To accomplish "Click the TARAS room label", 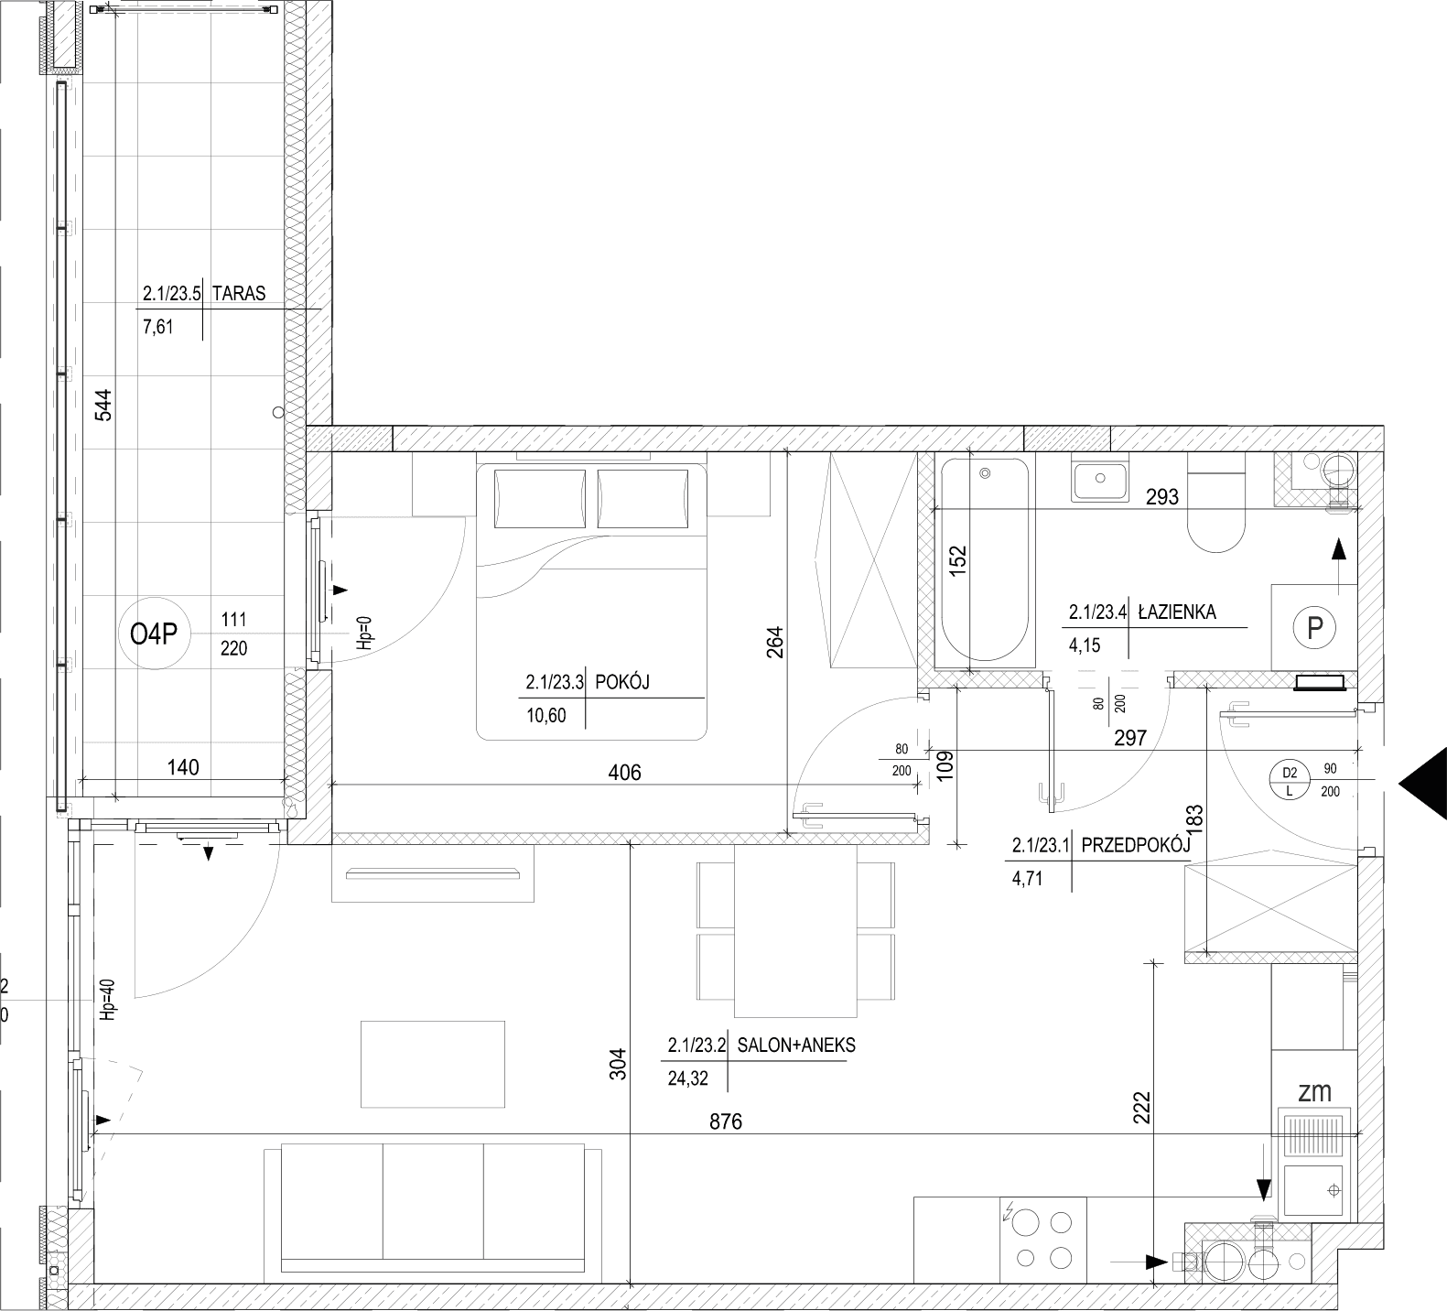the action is coord(238,294).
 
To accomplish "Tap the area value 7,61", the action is coord(157,326).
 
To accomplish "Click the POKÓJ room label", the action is coord(622,682).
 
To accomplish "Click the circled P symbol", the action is coord(1315,628).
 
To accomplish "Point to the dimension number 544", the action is coord(103,406).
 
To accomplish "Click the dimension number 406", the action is coord(625,772).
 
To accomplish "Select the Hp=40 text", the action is coord(108,1002).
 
